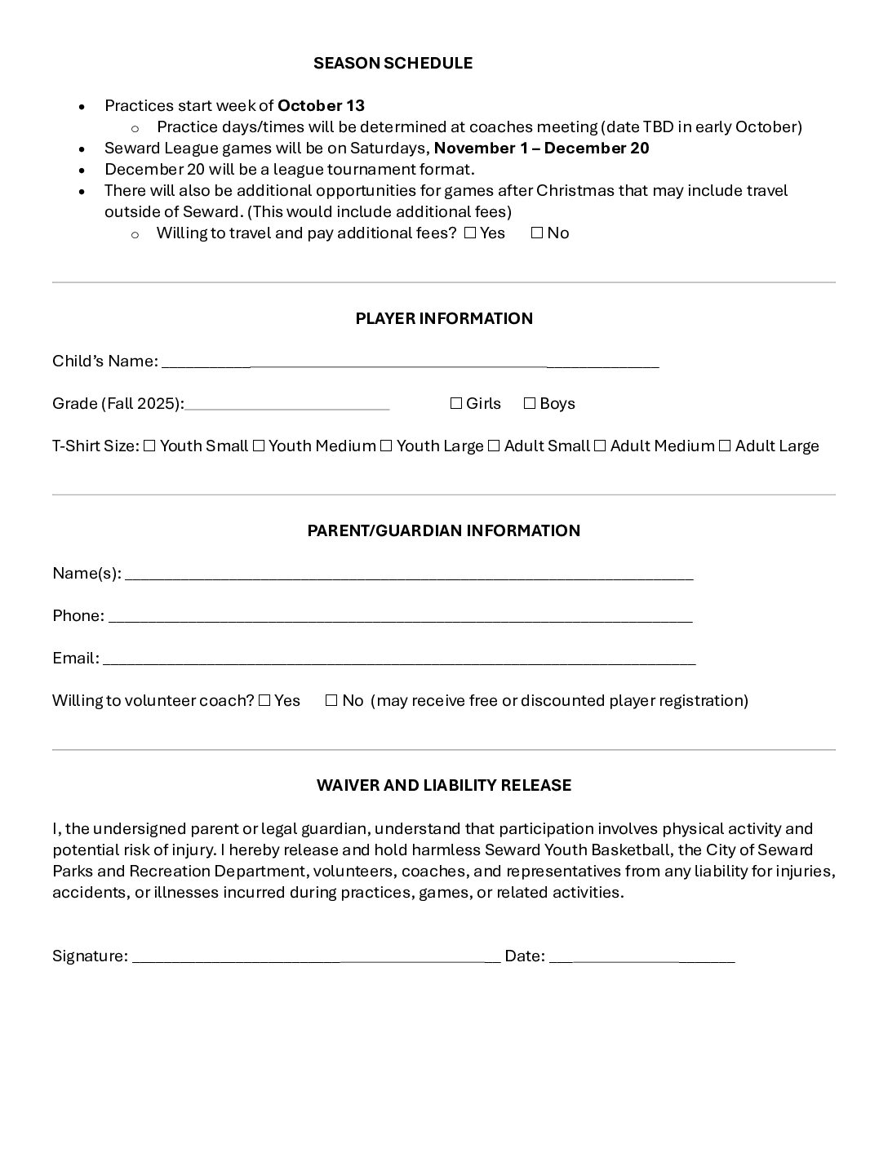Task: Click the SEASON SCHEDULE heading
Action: (x=393, y=63)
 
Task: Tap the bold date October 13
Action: (x=321, y=105)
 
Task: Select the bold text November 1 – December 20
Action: (x=541, y=148)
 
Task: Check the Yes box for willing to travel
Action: (x=469, y=233)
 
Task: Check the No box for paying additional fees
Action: (x=536, y=233)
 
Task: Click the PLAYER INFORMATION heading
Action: (x=444, y=318)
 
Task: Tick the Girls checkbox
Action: (x=456, y=404)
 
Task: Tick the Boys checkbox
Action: (x=530, y=404)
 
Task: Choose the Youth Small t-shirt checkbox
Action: (x=149, y=446)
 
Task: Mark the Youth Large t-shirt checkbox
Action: (x=386, y=446)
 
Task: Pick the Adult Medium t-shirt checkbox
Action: (x=600, y=446)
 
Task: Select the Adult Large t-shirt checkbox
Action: (x=725, y=446)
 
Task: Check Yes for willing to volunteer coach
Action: (x=264, y=701)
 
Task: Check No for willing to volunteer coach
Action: (x=331, y=701)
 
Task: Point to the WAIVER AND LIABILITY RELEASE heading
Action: (x=444, y=785)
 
